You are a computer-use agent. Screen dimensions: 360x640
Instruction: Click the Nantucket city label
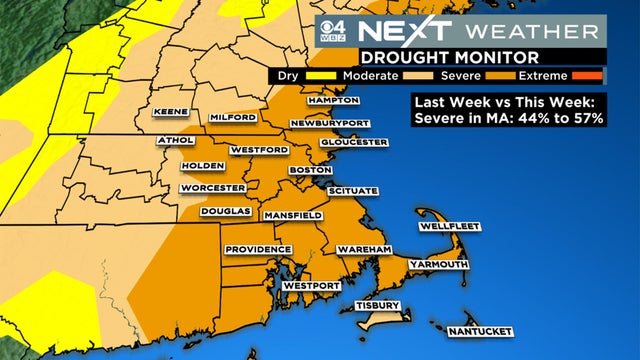(481, 331)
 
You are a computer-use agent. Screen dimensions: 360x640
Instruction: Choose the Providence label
(257, 249)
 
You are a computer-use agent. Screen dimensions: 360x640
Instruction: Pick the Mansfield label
(292, 215)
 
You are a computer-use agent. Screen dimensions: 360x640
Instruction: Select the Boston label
(302, 171)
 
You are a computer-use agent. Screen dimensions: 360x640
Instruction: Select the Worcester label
(212, 188)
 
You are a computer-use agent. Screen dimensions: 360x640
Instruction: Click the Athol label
(176, 141)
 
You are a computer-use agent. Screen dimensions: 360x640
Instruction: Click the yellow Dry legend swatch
(310, 76)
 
